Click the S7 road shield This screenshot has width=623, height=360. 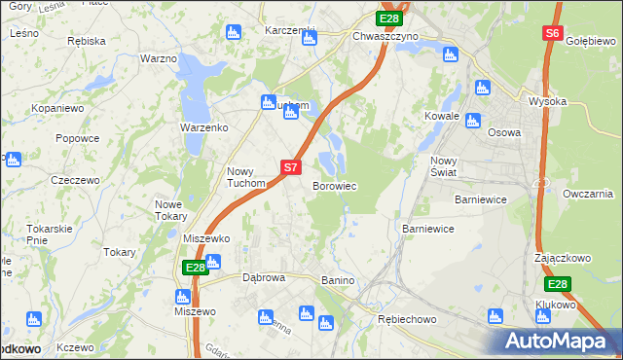(290, 167)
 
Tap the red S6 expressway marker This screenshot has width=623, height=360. (553, 33)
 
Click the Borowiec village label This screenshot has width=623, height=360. (334, 186)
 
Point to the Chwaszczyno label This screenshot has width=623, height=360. (385, 36)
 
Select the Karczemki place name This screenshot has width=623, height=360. (291, 30)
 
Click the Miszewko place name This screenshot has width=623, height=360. (206, 238)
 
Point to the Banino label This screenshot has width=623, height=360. (338, 281)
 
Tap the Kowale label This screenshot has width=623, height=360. (441, 116)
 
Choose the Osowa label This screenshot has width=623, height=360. (504, 133)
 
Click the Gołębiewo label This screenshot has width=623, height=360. (593, 41)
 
